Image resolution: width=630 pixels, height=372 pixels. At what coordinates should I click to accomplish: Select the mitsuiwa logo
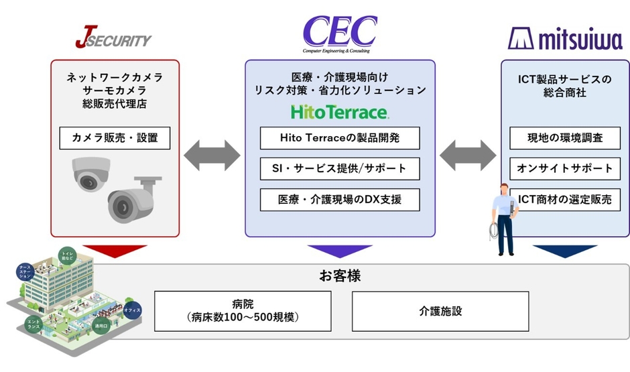564,38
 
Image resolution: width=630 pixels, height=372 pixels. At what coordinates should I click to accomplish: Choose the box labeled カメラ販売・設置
115,138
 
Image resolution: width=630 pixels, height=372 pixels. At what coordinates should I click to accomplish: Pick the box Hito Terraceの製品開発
340,138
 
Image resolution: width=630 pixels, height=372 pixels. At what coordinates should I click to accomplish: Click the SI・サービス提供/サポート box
340,168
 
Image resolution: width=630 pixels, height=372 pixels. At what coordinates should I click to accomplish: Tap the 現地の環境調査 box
565,138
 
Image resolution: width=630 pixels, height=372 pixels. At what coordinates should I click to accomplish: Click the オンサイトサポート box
565,168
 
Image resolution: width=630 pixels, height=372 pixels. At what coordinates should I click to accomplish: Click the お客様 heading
340,276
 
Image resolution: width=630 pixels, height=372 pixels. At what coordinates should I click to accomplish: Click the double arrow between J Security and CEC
212,156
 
